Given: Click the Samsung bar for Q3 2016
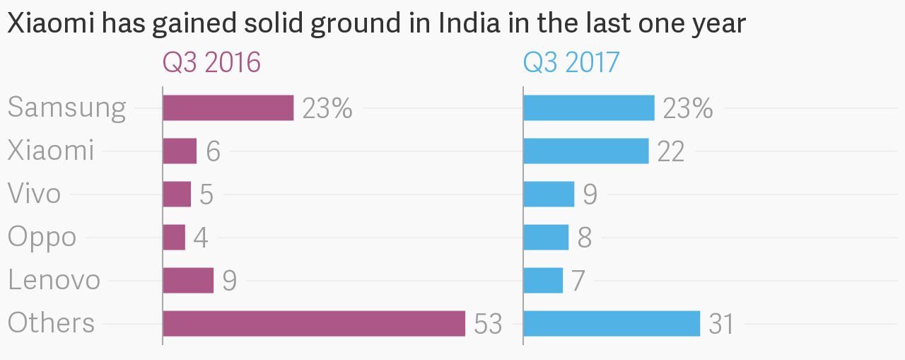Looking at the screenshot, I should tap(228, 108).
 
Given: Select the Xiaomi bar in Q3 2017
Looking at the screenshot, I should tap(585, 151).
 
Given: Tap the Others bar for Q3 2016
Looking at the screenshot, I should tap(314, 323).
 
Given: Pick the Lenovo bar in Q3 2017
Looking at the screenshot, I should tap(543, 280).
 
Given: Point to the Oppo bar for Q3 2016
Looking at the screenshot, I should tap(174, 237).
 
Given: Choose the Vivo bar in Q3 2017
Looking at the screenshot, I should tap(549, 194).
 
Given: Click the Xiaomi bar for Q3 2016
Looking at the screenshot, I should tap(180, 151).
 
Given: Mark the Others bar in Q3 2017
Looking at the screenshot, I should tap(612, 323).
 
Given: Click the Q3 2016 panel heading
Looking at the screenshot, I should tap(211, 63).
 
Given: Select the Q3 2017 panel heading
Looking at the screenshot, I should tap(571, 63).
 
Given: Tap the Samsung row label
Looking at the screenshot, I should tap(66, 108).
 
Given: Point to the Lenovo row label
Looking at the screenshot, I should tap(54, 280).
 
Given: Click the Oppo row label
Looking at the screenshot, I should tap(42, 237).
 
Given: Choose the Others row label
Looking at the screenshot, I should tap(51, 323).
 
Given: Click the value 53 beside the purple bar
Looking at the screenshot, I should tap(488, 324).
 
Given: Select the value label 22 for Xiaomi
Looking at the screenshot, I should tap(671, 151).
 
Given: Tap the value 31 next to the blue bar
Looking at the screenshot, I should tap(721, 324).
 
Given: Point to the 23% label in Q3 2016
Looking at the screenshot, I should tap(327, 108).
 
